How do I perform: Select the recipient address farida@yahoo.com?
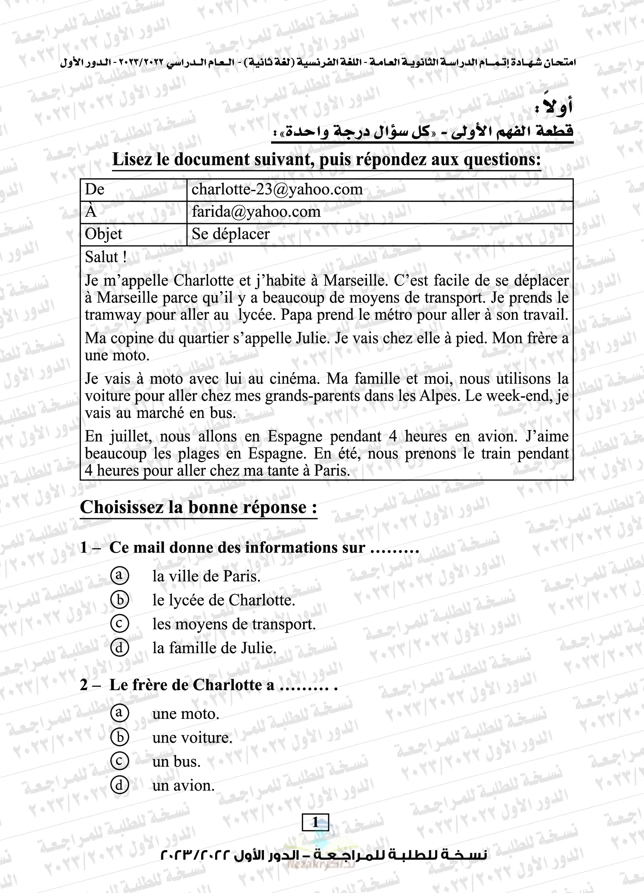pos(256,212)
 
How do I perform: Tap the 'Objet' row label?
pos(104,234)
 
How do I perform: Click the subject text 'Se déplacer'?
pos(231,234)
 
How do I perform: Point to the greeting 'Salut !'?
pos(106,257)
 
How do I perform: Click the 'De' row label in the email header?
pos(94,189)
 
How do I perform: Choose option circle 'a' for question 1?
pos(119,576)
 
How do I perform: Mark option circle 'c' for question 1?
pos(119,624)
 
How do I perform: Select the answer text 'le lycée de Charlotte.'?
pos(223,600)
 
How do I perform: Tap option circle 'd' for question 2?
pos(119,785)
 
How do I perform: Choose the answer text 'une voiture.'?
pos(192,737)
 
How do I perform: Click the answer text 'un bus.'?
pos(176,761)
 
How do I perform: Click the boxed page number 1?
pos(315,822)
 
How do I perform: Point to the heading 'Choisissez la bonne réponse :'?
pos(198,507)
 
